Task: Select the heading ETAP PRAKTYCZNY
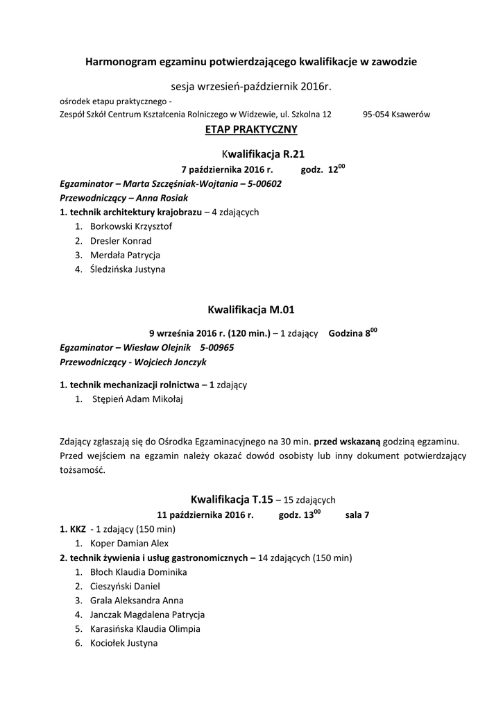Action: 251,129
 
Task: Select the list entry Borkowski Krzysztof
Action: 131,226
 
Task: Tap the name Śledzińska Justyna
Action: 128,269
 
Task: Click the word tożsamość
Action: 83,469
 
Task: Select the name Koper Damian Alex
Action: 129,544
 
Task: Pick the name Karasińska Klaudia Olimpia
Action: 145,629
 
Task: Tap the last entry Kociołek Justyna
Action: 123,643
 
